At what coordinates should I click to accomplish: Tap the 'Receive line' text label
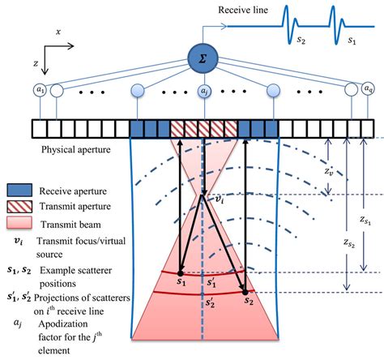pos(245,10)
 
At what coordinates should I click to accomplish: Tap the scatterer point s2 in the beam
pos(243,293)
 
